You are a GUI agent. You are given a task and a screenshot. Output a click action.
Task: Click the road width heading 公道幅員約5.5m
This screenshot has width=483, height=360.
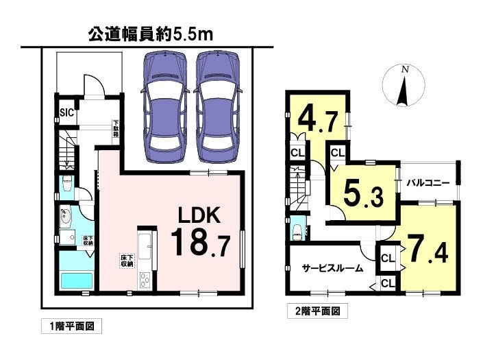tap(151, 35)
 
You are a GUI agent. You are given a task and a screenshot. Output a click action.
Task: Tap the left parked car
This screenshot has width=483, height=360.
tap(165, 107)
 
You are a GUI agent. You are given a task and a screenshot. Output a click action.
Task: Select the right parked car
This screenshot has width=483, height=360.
tap(217, 107)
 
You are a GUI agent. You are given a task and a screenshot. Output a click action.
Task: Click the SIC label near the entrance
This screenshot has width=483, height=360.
tap(67, 112)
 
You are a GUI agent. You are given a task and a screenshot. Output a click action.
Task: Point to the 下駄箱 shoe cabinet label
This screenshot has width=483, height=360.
tap(116, 128)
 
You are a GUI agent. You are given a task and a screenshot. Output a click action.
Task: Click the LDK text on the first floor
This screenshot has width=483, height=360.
tap(199, 215)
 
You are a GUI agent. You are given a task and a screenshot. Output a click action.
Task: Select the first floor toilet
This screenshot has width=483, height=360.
tap(66, 184)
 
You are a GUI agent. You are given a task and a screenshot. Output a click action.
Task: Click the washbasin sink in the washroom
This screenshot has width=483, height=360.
tap(66, 217)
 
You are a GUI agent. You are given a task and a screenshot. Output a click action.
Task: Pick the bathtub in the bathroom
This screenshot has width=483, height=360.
tap(77, 280)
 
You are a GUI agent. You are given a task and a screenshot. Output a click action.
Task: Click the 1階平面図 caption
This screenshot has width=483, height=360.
tap(71, 326)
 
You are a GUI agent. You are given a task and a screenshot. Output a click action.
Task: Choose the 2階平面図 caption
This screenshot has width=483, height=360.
tap(318, 311)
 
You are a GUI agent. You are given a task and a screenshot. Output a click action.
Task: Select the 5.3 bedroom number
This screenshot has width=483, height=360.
tap(364, 193)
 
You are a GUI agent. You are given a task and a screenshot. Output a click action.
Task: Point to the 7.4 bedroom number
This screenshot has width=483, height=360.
tap(427, 248)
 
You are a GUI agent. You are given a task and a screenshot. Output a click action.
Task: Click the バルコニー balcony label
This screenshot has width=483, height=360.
tap(428, 183)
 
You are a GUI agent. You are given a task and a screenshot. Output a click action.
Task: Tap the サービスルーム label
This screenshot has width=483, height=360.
tap(332, 268)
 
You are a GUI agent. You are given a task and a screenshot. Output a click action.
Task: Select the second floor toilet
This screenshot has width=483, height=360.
tap(297, 229)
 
